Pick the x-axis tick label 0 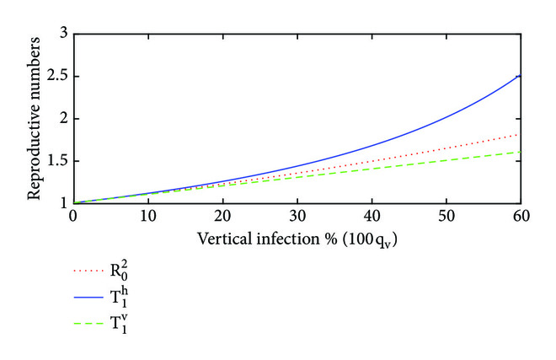(x=74, y=217)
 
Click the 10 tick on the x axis (x=148, y=217)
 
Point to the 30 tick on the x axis (x=297, y=217)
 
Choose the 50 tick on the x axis (x=446, y=217)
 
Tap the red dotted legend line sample (x=92, y=272)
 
